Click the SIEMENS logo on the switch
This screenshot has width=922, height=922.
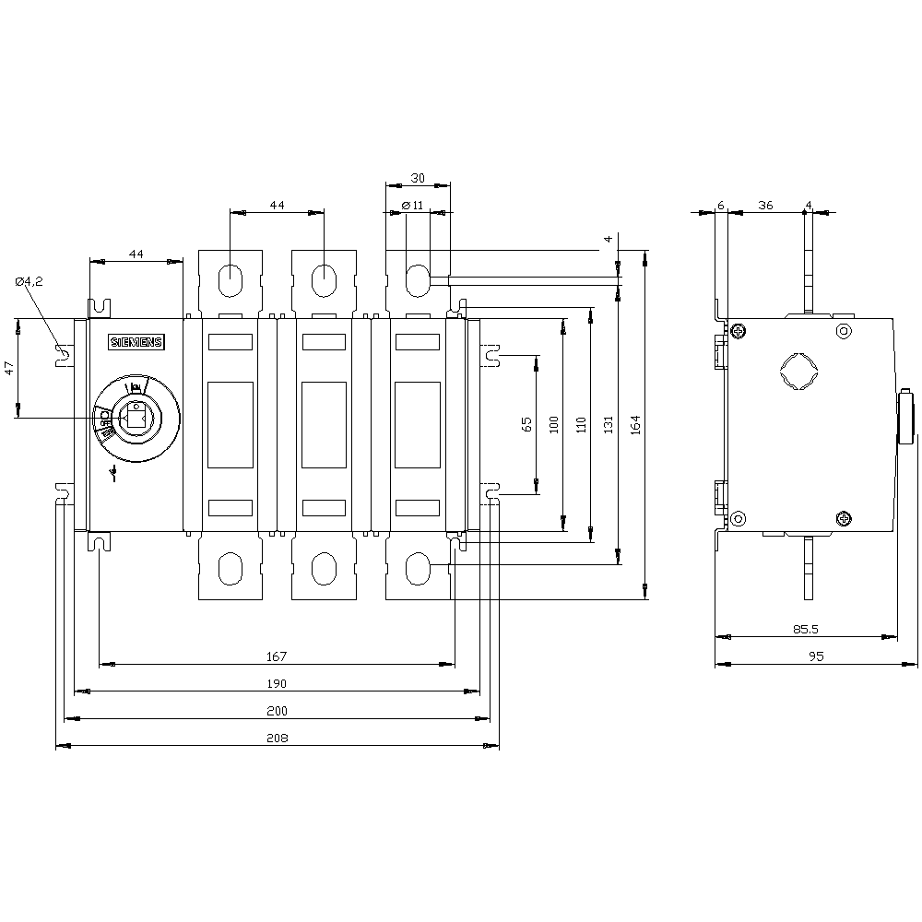click(x=136, y=343)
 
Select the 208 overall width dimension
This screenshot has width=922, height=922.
click(x=278, y=738)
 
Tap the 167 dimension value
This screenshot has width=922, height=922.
click(x=278, y=656)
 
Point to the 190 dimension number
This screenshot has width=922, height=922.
click(x=278, y=684)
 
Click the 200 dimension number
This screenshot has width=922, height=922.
click(x=278, y=711)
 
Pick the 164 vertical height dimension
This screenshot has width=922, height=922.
click(x=635, y=423)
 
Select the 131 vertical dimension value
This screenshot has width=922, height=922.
click(x=608, y=423)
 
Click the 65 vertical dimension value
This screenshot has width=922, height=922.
click(x=526, y=423)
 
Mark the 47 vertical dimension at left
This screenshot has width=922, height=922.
click(x=9, y=367)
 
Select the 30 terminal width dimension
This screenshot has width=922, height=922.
click(x=418, y=179)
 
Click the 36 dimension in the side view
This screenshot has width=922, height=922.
click(x=765, y=206)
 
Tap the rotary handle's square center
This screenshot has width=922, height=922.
click(x=136, y=419)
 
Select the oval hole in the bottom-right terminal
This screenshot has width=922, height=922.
click(x=418, y=569)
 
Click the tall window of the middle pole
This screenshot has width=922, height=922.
click(x=325, y=425)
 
